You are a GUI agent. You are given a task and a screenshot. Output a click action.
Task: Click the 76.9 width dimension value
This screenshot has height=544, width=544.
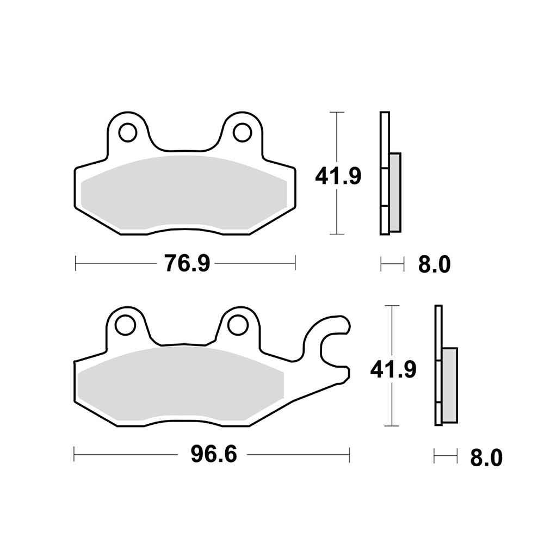click(187, 264)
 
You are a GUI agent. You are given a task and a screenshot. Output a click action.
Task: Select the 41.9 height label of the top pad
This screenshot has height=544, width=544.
click(338, 176)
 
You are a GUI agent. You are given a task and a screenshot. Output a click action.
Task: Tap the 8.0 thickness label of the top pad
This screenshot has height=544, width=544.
click(434, 265)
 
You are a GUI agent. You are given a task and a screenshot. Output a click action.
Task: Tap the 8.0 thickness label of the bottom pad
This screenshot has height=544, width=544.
click(486, 458)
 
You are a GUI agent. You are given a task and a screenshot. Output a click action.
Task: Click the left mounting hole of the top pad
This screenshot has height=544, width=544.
click(128, 132)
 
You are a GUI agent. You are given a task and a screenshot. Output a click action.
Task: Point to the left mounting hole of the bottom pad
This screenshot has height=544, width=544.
click(125, 325)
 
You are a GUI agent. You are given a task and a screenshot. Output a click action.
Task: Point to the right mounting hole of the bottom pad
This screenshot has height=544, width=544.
click(238, 325)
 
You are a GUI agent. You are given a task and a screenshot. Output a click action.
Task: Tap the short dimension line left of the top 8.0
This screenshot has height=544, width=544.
click(392, 265)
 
